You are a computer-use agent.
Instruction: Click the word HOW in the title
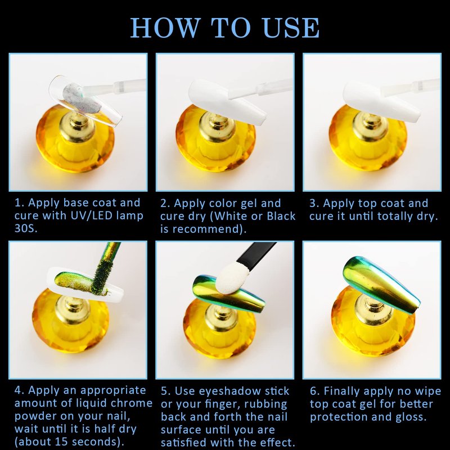(165, 28)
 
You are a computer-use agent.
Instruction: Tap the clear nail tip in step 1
(85, 101)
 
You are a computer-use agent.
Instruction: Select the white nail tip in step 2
(227, 102)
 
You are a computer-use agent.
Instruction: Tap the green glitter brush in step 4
(105, 268)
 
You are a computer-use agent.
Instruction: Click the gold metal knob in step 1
(78, 126)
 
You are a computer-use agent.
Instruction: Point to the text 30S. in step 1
(26, 228)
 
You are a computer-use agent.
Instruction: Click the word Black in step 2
(281, 216)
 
